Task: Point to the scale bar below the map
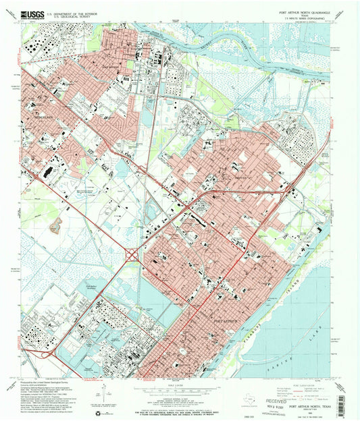tap(180, 390)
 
